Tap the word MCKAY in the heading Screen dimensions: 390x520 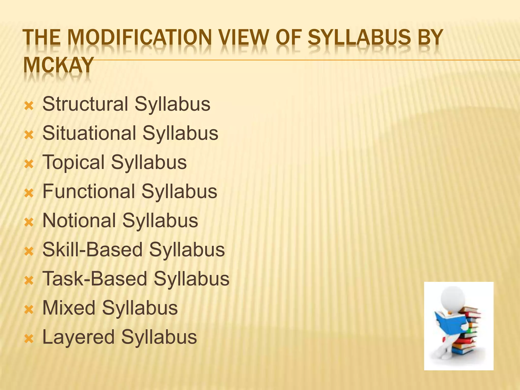58,65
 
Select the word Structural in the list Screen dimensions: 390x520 85,104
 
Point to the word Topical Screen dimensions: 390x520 73,162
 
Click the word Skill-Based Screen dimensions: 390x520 92,250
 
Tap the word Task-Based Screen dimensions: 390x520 95,279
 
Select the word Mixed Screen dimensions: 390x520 69,308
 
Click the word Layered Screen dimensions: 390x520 78,337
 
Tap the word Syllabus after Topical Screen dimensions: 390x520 149,162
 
